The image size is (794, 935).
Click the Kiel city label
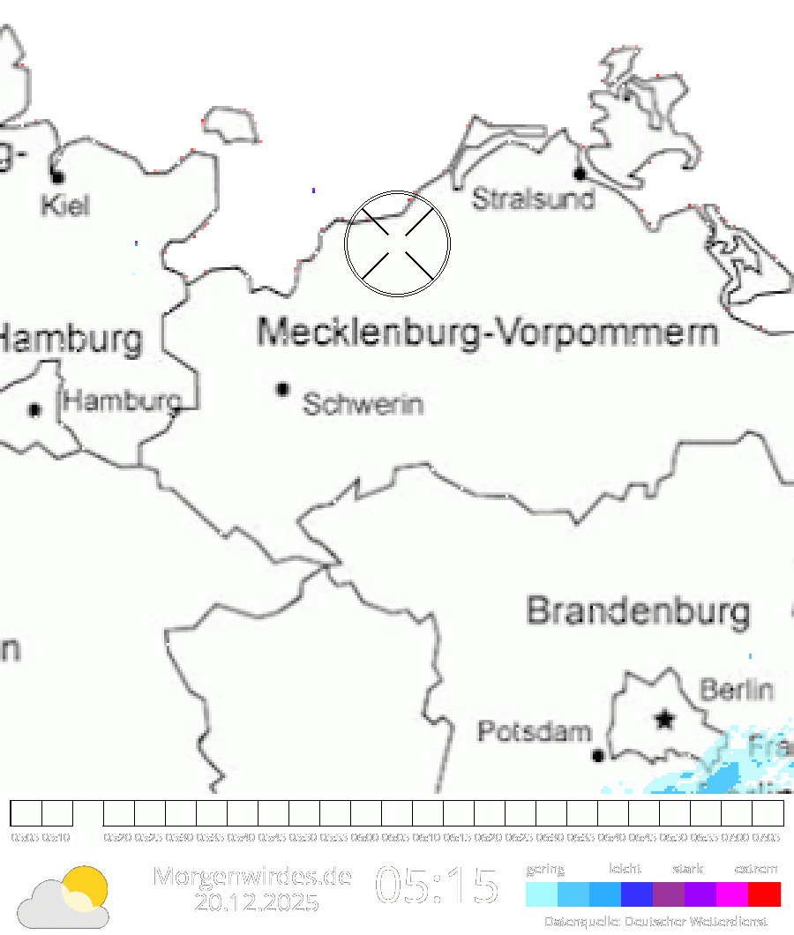65,206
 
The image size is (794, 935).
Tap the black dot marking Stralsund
580,174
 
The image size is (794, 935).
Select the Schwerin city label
363,405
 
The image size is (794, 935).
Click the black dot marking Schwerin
283,388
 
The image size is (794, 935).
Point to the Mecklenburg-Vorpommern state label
487,333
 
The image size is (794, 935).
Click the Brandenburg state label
639,610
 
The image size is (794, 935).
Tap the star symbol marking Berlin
664,720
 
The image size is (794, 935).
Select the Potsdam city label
534,731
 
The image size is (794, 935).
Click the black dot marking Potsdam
598,755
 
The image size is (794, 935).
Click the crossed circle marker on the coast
398,243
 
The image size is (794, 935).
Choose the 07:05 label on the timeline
767,838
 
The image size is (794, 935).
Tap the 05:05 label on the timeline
25,838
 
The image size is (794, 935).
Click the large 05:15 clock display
438,886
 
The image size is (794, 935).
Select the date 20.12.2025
257,903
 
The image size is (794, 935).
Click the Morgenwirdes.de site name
252,876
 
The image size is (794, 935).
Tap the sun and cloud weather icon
65,898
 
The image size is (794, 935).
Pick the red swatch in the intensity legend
764,894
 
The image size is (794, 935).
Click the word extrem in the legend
756,869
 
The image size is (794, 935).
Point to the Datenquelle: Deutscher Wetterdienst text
655,922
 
